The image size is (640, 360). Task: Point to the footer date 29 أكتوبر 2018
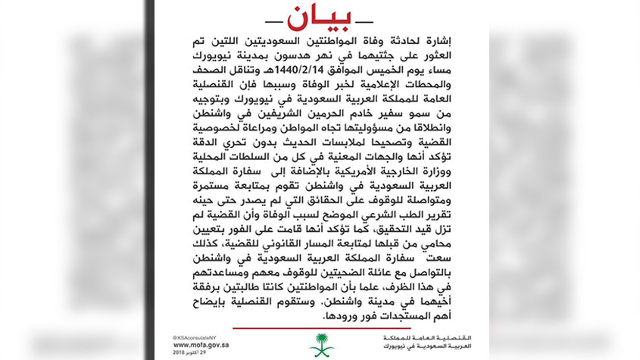click(x=186, y=352)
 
